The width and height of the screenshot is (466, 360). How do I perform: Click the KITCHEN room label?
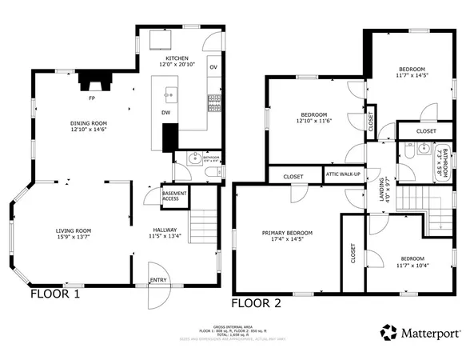click(176, 60)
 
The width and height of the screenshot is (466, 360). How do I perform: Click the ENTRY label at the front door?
click(158, 280)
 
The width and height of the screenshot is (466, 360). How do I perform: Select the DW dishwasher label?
click(165, 112)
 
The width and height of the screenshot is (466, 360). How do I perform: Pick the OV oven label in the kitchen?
click(213, 67)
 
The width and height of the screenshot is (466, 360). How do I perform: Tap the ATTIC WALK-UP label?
click(343, 174)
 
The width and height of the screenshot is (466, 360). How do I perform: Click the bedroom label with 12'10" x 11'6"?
click(313, 118)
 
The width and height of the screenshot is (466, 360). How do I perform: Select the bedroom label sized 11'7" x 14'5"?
click(412, 72)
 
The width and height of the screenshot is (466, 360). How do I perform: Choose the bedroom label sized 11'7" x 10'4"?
click(412, 261)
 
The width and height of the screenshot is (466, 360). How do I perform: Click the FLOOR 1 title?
click(55, 294)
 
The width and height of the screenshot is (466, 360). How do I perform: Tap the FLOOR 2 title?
click(256, 303)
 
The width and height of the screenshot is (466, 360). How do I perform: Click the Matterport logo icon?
click(388, 332)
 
